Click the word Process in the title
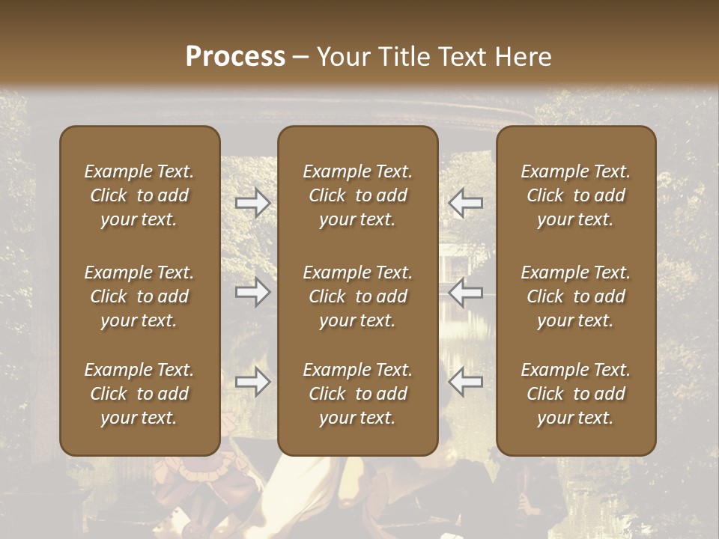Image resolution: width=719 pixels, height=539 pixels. pos(235,57)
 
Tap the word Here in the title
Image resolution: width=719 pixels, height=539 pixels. pos(521,57)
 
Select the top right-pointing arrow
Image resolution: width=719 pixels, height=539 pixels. pos(252,202)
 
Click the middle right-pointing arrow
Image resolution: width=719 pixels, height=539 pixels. pos(252,292)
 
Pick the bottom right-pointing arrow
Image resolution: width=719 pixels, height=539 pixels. pos(252,383)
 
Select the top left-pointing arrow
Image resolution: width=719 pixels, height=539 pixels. pos(466,202)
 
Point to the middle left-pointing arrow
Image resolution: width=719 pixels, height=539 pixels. pos(466,292)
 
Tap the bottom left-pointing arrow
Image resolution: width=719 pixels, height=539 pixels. pos(466,383)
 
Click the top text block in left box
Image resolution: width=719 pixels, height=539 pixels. pos(139,195)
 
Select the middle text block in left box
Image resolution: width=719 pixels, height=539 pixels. pos(139,296)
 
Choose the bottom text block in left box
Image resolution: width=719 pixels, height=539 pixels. pos(139,394)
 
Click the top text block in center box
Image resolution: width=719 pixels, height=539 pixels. pos(358,195)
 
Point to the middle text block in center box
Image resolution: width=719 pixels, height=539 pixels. pos(358,296)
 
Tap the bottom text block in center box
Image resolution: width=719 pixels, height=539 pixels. pos(358,394)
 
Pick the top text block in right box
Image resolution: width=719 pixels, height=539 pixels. pos(576,195)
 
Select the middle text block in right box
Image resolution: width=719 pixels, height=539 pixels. pos(576,296)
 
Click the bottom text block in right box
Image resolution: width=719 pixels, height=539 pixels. pos(576,394)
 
